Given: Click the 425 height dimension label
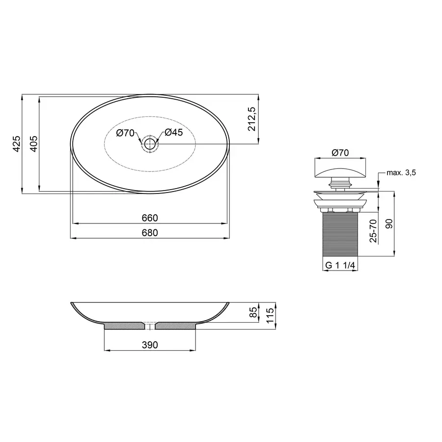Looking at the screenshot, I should [16, 144].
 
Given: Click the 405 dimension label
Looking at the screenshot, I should [33, 144].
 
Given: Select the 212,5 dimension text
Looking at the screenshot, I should [252, 120].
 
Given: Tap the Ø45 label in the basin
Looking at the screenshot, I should [173, 133].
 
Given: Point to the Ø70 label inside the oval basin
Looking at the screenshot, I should [125, 133].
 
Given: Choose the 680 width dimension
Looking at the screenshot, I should [150, 233].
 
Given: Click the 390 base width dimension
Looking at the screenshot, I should [150, 345].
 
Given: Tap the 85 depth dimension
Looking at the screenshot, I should [253, 312].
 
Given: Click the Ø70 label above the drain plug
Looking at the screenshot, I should [340, 153].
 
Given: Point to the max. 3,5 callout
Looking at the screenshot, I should [401, 173].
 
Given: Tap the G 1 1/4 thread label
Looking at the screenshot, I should [340, 266].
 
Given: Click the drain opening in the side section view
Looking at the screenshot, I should [150, 326].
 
